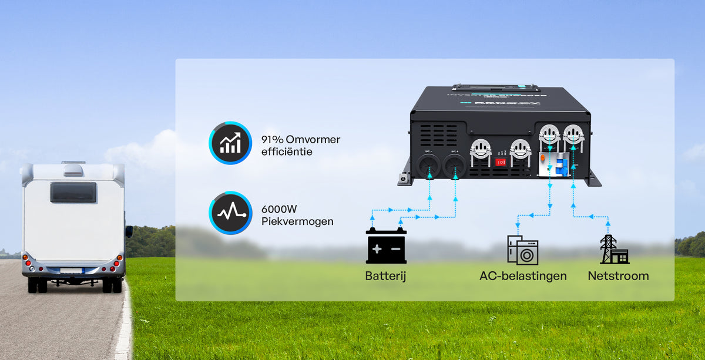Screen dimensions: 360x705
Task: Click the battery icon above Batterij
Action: pyautogui.click(x=386, y=247)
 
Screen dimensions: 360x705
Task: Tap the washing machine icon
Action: pyautogui.click(x=522, y=250)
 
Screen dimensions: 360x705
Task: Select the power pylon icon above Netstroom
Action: pyautogui.click(x=613, y=250)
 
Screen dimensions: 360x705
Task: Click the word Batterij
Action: pyautogui.click(x=386, y=275)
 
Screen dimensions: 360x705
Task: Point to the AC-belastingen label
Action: pyautogui.click(x=523, y=275)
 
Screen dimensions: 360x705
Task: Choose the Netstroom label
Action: pyautogui.click(x=618, y=275)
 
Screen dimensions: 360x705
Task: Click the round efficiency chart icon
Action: pyautogui.click(x=230, y=143)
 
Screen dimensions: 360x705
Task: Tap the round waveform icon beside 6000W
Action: pyautogui.click(x=230, y=213)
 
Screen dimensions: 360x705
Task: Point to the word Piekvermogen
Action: pyautogui.click(x=297, y=221)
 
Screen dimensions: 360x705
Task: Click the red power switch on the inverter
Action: pyautogui.click(x=501, y=162)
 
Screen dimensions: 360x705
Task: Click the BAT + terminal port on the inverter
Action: pyautogui.click(x=454, y=166)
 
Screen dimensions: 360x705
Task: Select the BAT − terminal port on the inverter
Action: pyautogui.click(x=429, y=166)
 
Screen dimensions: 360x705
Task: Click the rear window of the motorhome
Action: pyautogui.click(x=73, y=192)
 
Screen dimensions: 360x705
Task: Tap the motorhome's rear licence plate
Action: pyautogui.click(x=71, y=271)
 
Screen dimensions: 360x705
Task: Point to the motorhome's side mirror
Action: pyautogui.click(x=129, y=231)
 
